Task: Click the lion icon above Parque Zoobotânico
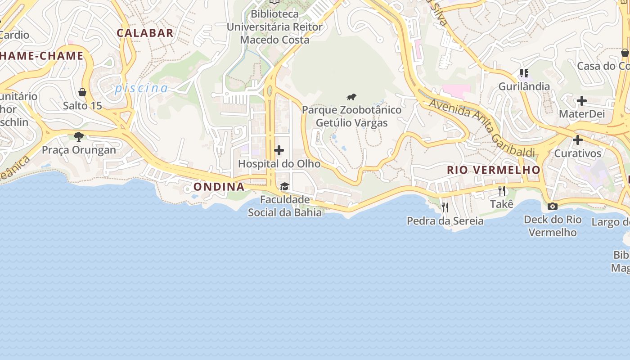click(351, 97)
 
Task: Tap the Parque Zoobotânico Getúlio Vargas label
click(351, 116)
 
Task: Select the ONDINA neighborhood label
click(219, 187)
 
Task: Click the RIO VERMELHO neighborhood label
click(493, 170)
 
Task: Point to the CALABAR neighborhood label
click(145, 33)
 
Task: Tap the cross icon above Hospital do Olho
click(279, 150)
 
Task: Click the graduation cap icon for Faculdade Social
click(284, 186)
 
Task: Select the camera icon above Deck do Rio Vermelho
click(552, 206)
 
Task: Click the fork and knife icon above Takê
click(502, 191)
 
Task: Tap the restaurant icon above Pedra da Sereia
click(445, 207)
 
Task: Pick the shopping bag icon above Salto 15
click(82, 92)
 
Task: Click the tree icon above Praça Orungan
click(79, 136)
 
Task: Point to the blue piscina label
click(141, 88)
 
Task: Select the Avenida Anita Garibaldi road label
click(481, 127)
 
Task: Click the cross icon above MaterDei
click(582, 101)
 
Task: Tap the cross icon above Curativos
click(578, 140)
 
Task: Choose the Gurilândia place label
click(524, 86)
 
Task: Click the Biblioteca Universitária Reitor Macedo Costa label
click(274, 27)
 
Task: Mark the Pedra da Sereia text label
click(445, 221)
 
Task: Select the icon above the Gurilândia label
click(524, 73)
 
